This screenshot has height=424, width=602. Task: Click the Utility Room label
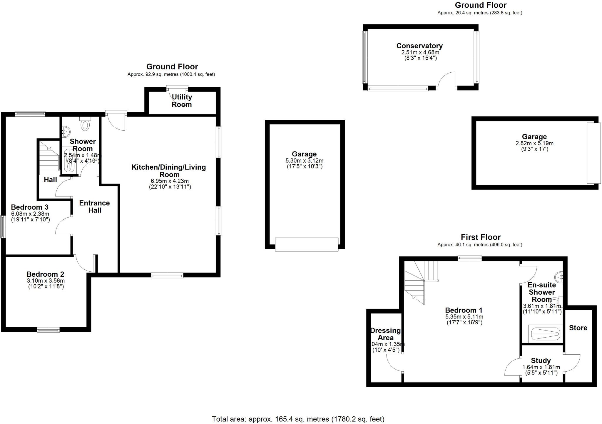point(182,101)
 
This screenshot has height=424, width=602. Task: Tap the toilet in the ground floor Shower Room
point(85,124)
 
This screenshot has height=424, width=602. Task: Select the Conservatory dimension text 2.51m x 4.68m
point(420,52)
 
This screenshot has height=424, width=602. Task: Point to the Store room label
point(578,328)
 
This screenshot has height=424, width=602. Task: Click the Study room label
point(541,360)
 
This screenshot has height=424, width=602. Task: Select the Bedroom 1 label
point(464,310)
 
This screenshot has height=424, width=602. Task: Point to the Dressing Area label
point(385,334)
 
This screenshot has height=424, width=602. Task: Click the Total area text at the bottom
point(298,419)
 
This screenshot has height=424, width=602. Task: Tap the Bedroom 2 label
point(45,274)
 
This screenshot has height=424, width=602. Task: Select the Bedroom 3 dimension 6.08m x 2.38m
point(30,214)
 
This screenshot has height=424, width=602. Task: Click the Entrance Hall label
point(94,206)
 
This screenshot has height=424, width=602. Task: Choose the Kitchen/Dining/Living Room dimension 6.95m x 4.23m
point(169,181)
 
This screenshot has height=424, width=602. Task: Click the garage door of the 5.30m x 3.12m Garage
point(306,244)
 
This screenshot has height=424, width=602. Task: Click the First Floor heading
point(480,237)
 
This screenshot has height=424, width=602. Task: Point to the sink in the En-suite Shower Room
point(559,277)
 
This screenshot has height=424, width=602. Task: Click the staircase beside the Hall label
point(49,159)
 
